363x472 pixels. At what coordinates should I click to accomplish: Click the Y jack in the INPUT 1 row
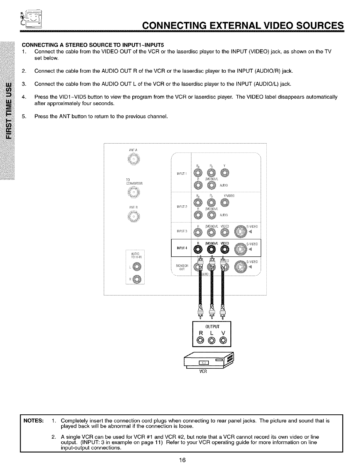coord(225,173)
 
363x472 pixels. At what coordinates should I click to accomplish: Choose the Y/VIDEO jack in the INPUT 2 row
coord(225,203)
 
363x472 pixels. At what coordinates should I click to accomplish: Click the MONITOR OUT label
coord(182,267)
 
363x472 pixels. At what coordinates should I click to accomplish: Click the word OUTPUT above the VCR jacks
coord(211,326)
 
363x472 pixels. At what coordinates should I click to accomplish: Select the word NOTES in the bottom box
coord(34,421)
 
